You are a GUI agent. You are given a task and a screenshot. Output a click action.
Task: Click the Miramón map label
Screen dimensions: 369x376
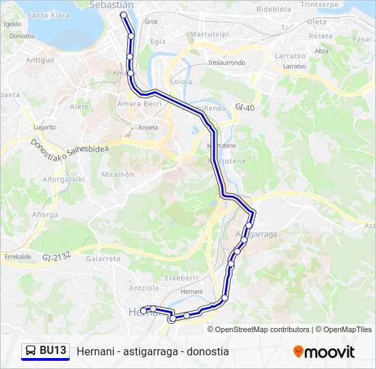[118, 174]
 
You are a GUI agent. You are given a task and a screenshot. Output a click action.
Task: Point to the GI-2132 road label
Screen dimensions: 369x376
[55, 257]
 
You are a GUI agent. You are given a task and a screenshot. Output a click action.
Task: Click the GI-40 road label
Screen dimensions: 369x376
[244, 107]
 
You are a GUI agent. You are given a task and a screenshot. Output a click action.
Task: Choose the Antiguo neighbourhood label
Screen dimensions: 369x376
[40, 60]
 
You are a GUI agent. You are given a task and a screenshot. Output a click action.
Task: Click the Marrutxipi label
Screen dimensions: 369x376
[209, 33]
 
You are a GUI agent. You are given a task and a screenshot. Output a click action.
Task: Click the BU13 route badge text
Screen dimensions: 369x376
[53, 351]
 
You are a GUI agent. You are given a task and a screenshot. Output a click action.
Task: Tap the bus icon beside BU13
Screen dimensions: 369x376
[31, 351]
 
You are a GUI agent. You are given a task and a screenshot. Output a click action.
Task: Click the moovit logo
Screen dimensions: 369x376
[324, 352]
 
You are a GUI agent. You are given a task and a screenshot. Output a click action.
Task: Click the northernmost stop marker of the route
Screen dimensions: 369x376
[123, 14]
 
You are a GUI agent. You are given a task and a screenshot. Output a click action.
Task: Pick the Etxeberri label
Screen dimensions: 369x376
[181, 278]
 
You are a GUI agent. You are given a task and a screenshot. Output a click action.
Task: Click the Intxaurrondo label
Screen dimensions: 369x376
[226, 63]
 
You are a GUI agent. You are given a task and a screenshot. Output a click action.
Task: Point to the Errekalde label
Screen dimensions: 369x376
[18, 256]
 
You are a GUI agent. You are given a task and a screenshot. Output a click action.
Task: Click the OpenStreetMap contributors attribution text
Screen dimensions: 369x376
[262, 329]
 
